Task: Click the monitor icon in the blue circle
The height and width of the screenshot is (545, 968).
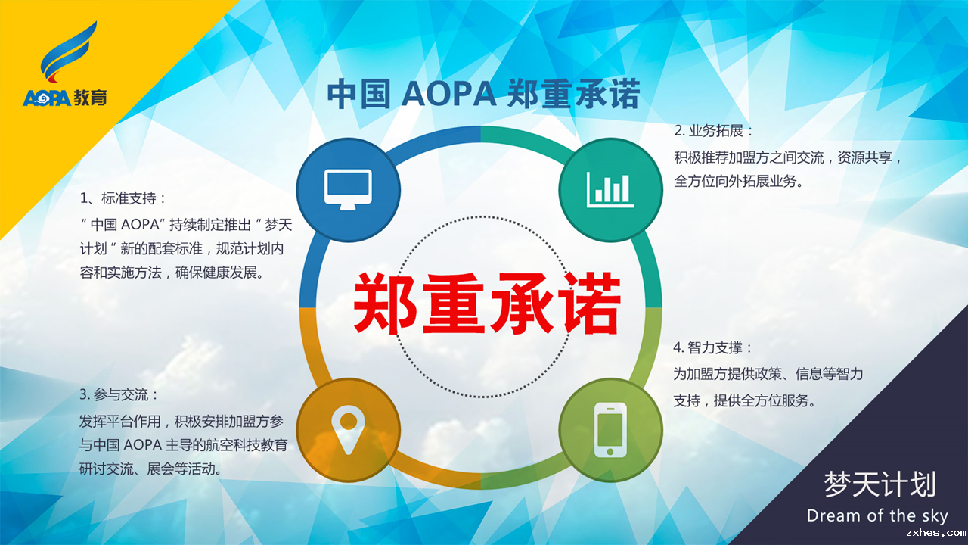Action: coord(348,190)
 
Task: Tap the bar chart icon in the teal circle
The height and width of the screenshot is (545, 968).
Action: coord(610,189)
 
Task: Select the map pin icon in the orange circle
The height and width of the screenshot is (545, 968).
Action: coord(349,430)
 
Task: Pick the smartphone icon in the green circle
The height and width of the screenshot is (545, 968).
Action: coord(610,430)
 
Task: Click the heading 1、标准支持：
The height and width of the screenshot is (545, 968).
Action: coord(123,198)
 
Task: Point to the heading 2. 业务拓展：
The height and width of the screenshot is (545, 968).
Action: coord(713,131)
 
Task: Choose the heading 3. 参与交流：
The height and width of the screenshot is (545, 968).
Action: coord(119,394)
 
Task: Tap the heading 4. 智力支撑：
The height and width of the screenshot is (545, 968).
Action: coord(713,347)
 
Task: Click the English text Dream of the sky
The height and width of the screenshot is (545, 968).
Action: coord(877,515)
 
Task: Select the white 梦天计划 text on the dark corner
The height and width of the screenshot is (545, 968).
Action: coord(880,484)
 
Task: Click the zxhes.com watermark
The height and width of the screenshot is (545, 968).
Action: coord(936,533)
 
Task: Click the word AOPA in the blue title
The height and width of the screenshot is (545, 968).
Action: coord(448,93)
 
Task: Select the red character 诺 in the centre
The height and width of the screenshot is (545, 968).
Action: coord(592,303)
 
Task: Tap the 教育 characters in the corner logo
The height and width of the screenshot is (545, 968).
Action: coord(90,98)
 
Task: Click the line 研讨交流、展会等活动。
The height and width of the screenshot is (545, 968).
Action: coord(150,469)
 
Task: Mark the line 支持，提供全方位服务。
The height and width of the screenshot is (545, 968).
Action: coord(745,400)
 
